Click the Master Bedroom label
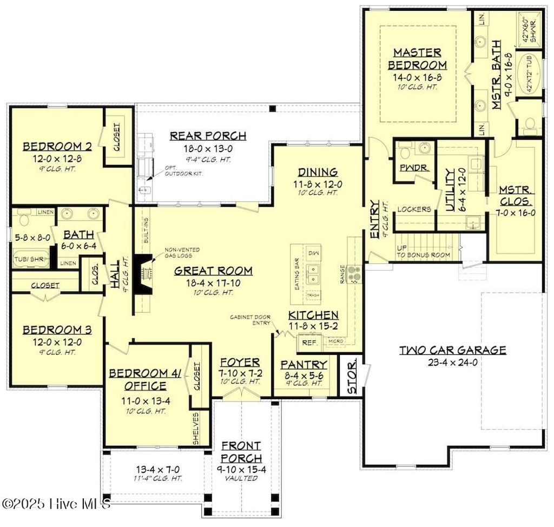pyautogui.click(x=417, y=58)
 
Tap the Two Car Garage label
pyautogui.click(x=452, y=350)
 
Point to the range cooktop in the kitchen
pyautogui.click(x=354, y=274)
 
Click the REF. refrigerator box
pyautogui.click(x=309, y=342)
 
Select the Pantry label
pyautogui.click(x=304, y=364)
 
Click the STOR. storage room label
pyautogui.click(x=352, y=374)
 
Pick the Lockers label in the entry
pyautogui.click(x=414, y=209)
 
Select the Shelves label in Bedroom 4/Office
pyautogui.click(x=196, y=429)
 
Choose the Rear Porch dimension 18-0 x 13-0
pyautogui.click(x=208, y=148)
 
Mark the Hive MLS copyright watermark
pyautogui.click(x=56, y=503)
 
